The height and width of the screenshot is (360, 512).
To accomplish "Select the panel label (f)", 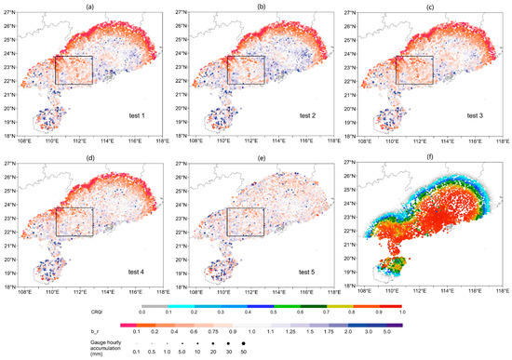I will point(428,154).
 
